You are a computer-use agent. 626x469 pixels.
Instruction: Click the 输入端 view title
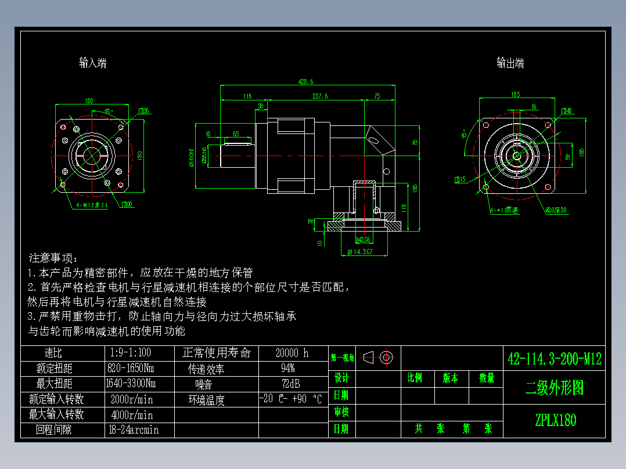93,63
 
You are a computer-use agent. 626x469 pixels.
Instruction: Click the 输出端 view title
510,63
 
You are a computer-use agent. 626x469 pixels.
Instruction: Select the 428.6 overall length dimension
305,82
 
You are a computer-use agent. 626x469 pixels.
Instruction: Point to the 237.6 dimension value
319,96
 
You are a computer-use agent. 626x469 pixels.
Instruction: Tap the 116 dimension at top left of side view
247,96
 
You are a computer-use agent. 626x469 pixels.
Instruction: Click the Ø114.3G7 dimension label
360,251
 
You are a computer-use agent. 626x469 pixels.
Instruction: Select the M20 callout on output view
556,210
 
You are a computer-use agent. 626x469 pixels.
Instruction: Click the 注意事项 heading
53,258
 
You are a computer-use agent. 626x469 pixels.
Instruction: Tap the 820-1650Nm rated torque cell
131,368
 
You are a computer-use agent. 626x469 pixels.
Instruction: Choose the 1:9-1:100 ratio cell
130,352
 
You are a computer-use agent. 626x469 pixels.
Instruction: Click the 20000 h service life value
292,353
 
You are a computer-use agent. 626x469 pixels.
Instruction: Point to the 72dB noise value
292,384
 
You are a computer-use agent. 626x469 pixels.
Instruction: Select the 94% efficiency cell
287,368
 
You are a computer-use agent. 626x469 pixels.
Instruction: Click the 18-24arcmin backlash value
134,430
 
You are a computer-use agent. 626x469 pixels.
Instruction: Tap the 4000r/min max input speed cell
132,414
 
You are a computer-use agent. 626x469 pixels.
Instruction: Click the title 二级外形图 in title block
554,388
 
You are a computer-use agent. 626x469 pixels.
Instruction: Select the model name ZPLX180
555,420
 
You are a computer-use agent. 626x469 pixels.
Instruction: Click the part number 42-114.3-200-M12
555,358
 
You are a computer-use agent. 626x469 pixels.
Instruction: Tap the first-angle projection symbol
378,357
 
